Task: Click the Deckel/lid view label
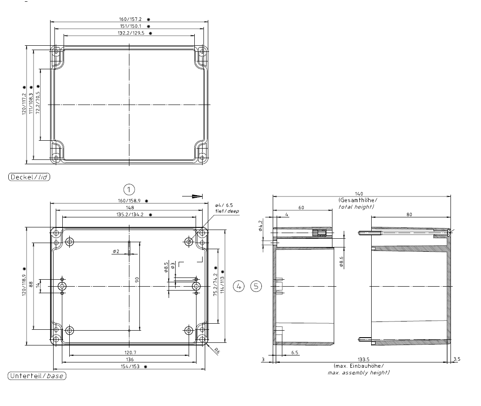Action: [x=29, y=177]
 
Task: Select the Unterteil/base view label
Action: [x=37, y=376]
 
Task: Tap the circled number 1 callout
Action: [x=129, y=189]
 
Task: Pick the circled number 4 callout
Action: [x=239, y=286]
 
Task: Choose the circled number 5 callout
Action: [x=256, y=286]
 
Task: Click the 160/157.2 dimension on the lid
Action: [x=130, y=19]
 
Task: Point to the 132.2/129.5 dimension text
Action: [x=131, y=33]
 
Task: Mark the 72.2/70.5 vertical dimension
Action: [x=38, y=103]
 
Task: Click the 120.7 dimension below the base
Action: [x=130, y=353]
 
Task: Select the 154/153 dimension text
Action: [x=130, y=366]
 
